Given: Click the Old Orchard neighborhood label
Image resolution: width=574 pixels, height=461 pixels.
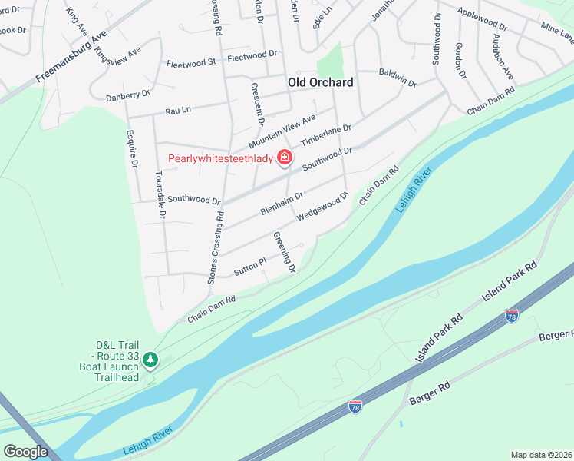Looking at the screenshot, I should pos(320,82).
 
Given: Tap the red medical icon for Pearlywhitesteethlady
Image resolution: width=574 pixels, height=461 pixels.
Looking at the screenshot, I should pos(285,158).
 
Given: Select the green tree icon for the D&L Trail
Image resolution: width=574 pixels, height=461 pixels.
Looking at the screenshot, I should pos(152,359).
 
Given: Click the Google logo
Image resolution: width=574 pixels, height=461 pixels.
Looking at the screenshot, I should pos(25,452).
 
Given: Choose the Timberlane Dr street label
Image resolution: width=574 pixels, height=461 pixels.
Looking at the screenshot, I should pos(325,137).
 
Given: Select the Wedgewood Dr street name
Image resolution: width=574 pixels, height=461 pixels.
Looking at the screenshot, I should pos(322,208).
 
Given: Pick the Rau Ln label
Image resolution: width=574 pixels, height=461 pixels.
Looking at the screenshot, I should pos(177,111).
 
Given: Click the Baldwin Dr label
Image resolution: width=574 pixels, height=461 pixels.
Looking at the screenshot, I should pos(398,78).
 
